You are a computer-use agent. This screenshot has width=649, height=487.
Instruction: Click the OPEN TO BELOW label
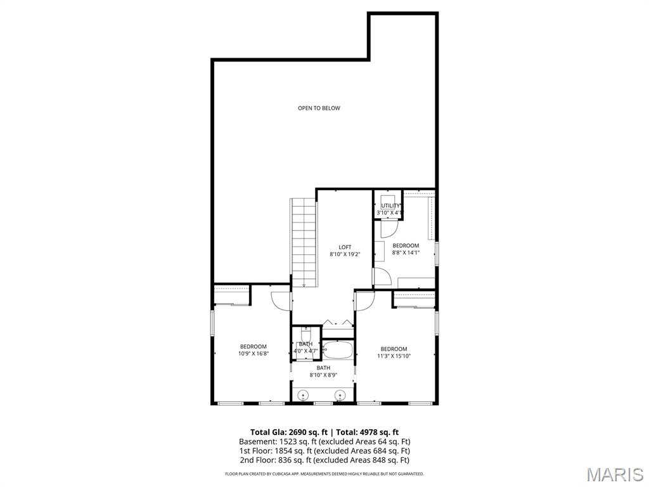(319, 108)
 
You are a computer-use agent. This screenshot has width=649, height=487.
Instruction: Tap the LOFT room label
(345, 247)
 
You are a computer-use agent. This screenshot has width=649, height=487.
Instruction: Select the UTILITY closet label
(390, 205)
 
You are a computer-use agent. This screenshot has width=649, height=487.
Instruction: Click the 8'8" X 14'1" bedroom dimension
(406, 252)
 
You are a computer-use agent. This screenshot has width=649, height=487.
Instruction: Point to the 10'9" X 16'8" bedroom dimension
(253, 353)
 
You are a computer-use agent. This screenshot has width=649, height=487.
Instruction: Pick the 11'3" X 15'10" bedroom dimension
(394, 356)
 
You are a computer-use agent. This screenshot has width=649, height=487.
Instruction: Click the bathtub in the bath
(337, 349)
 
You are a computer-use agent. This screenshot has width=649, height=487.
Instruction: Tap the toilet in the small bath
(306, 333)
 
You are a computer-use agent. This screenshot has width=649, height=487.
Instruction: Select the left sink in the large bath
(304, 396)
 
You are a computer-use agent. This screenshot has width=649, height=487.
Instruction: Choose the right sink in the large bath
(340, 396)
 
